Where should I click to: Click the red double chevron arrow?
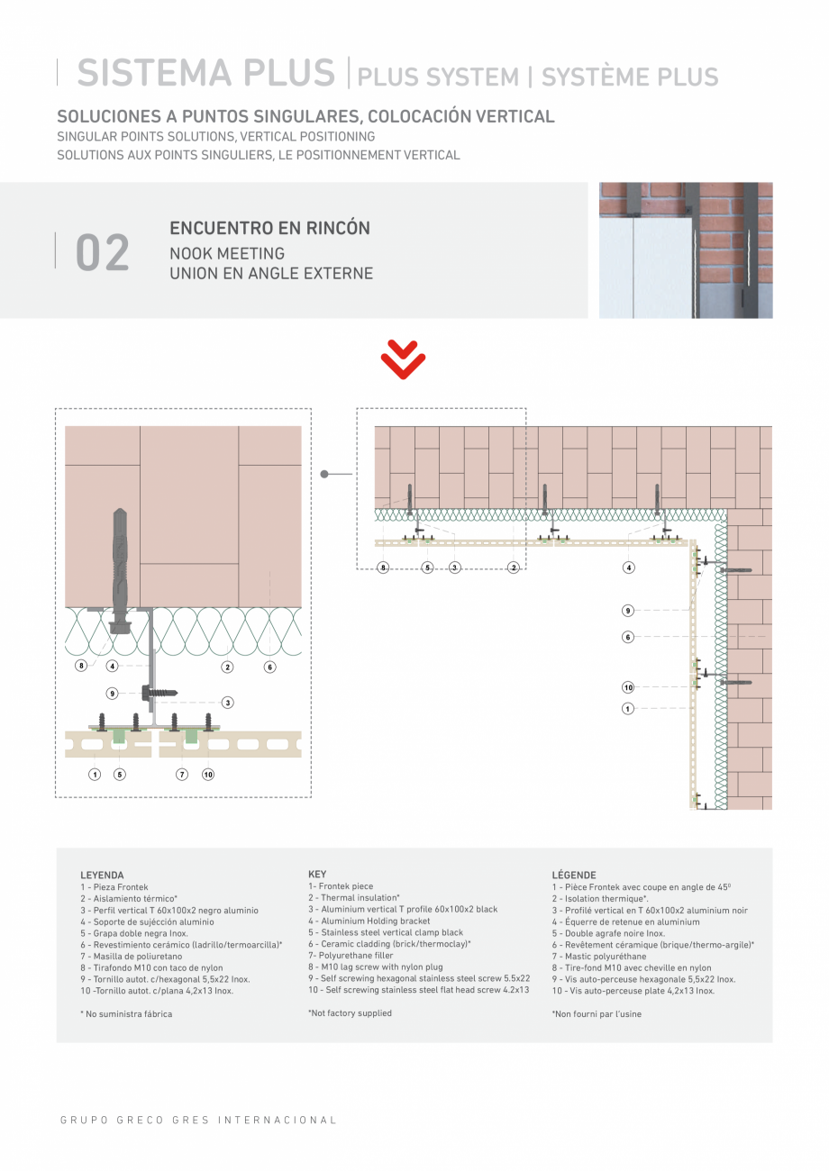[403, 360]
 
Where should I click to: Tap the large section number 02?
[103, 253]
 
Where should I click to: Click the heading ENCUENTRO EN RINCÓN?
[269, 228]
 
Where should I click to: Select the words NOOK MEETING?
[227, 253]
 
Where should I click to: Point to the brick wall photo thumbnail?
[686, 250]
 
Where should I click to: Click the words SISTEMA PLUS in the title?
[205, 74]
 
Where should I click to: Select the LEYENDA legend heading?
[102, 875]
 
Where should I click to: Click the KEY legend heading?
[317, 874]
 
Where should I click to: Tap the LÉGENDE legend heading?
[573, 875]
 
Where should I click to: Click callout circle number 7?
[182, 774]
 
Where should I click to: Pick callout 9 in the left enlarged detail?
[113, 694]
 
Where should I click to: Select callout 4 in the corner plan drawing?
[628, 567]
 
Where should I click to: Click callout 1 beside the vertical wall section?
[628, 709]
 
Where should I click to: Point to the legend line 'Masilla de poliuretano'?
[131, 957]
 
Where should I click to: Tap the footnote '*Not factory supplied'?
[350, 1013]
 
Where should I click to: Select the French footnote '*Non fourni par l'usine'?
[597, 1014]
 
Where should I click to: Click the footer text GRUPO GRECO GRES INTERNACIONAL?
[198, 1121]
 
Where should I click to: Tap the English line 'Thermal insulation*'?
[354, 898]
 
